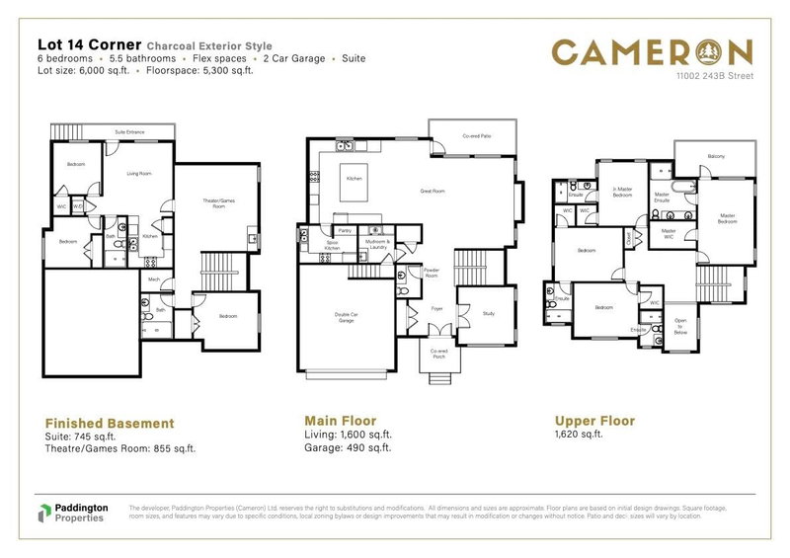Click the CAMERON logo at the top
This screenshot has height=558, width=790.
click(x=653, y=51)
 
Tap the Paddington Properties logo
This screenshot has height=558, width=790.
click(x=71, y=513)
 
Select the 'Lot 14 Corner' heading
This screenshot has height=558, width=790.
click(x=89, y=44)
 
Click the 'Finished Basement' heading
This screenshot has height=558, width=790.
click(x=110, y=424)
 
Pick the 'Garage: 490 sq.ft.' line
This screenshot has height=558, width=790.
click(x=349, y=447)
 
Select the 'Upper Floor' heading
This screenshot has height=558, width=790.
click(x=594, y=421)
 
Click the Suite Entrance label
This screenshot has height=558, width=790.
click(x=129, y=131)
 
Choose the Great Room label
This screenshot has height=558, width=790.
click(x=434, y=190)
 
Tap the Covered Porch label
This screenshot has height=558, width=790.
click(x=437, y=354)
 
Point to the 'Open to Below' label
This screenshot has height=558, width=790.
click(x=681, y=327)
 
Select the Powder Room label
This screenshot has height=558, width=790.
click(x=431, y=274)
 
